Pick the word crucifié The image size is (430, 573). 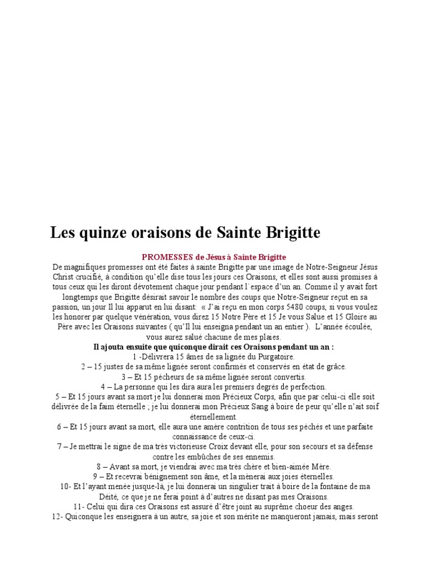point(92,278)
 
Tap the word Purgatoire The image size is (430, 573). point(272,356)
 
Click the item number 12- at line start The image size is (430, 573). point(56,517)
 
